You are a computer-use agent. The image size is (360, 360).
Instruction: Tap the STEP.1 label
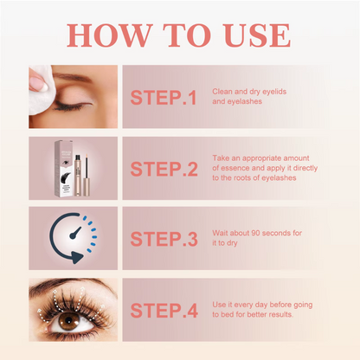(x=164, y=97)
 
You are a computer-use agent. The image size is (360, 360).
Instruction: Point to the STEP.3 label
(x=164, y=240)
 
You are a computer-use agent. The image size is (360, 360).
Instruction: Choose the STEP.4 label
(x=164, y=310)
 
